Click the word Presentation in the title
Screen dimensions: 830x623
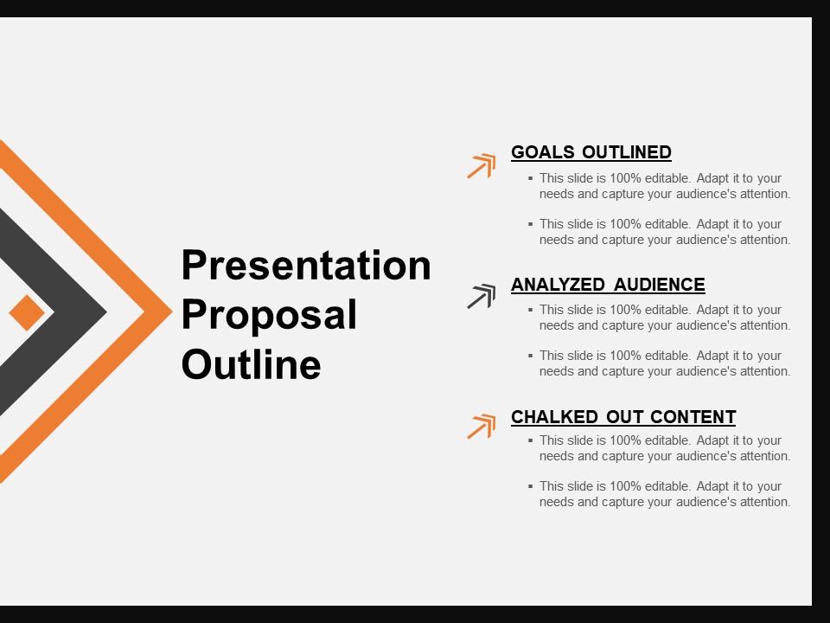point(306,265)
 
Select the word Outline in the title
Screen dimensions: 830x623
point(251,363)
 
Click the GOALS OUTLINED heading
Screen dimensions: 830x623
point(591,152)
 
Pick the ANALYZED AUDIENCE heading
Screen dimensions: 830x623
point(608,285)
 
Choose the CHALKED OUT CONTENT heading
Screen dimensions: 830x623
point(623,417)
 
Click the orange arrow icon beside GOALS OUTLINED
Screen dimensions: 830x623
point(482,166)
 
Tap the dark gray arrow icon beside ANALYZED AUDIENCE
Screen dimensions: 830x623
point(482,296)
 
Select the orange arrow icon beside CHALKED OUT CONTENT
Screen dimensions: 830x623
point(482,427)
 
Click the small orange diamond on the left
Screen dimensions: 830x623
point(27,312)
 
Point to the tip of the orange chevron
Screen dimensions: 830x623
point(172,312)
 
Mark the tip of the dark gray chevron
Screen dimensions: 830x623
point(107,312)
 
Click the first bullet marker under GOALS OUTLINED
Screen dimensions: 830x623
point(530,178)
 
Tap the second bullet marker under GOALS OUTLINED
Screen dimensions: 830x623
point(530,224)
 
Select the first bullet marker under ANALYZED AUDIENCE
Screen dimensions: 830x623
point(530,310)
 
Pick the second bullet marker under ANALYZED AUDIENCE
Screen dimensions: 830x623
point(530,356)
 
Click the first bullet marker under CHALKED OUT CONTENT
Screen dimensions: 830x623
point(530,440)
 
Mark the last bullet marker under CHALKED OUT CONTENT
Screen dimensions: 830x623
point(530,485)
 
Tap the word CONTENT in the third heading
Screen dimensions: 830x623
point(693,417)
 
